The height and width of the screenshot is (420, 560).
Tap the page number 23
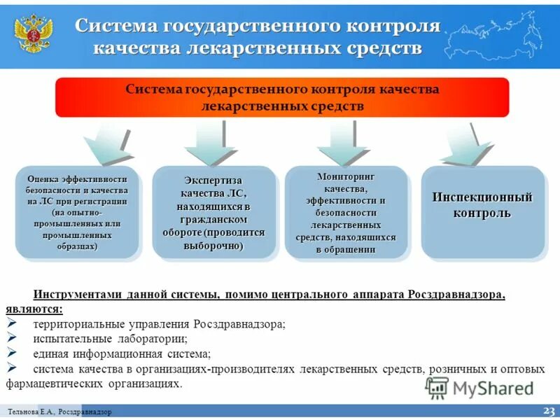point(548,410)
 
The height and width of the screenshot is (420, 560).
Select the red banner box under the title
point(281,98)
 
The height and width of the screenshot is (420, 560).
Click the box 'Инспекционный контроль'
point(482,212)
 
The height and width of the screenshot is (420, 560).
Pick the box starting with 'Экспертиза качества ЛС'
point(213,212)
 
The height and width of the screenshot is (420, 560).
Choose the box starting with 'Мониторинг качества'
point(346,212)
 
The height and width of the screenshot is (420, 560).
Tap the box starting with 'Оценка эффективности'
point(77,212)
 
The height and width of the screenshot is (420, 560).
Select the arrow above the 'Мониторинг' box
point(344,145)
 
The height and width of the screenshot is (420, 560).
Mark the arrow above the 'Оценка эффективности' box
point(108,147)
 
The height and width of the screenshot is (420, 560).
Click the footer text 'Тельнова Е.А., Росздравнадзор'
point(60,412)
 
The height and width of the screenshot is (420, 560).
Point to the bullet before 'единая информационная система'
point(12,353)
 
